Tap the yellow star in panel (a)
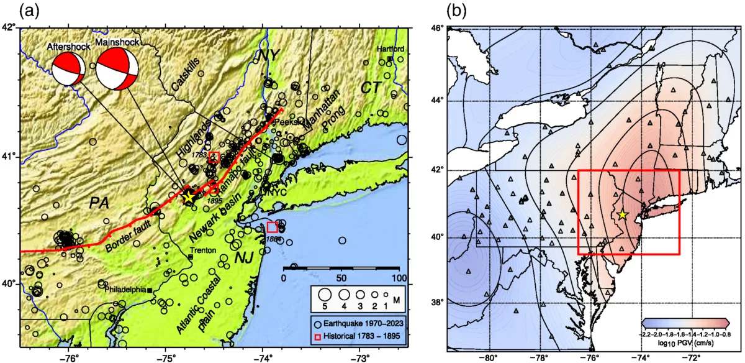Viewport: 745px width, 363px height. [x=189, y=197]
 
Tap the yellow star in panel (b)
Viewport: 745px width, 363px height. [x=623, y=214]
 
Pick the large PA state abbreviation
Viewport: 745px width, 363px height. [x=99, y=203]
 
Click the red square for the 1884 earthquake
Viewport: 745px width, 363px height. [x=273, y=227]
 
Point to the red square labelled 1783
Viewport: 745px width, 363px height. [x=214, y=155]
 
